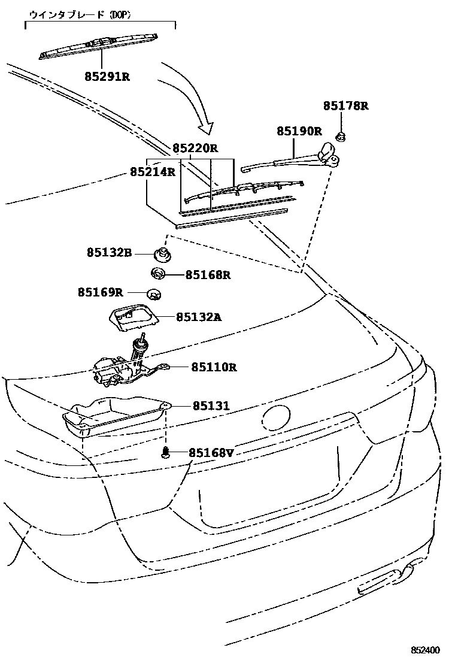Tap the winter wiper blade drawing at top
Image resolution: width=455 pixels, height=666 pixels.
pos(99,46)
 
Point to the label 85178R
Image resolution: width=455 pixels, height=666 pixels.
pos(345,106)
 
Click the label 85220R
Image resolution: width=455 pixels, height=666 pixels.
pos(196,148)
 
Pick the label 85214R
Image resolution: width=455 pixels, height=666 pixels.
pos(153,172)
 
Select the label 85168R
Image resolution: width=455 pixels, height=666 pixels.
pos(208,275)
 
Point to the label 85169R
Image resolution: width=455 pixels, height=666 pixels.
pos(100,292)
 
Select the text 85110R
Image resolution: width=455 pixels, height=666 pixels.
pos(214,367)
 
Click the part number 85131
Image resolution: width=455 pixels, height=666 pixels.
pos(211,406)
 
